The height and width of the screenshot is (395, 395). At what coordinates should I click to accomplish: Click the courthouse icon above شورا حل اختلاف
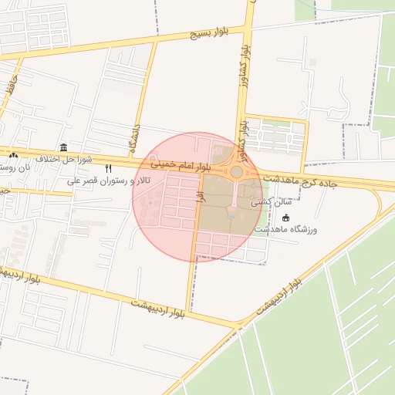[x=62, y=147]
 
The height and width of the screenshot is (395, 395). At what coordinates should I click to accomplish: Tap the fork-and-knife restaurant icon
[x=109, y=168]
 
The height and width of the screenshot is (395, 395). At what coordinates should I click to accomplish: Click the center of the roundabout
[x=236, y=172]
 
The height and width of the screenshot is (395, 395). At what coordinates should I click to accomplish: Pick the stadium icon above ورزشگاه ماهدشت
[x=286, y=218]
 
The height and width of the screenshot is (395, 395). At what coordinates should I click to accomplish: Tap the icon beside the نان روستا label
[x=14, y=155]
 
